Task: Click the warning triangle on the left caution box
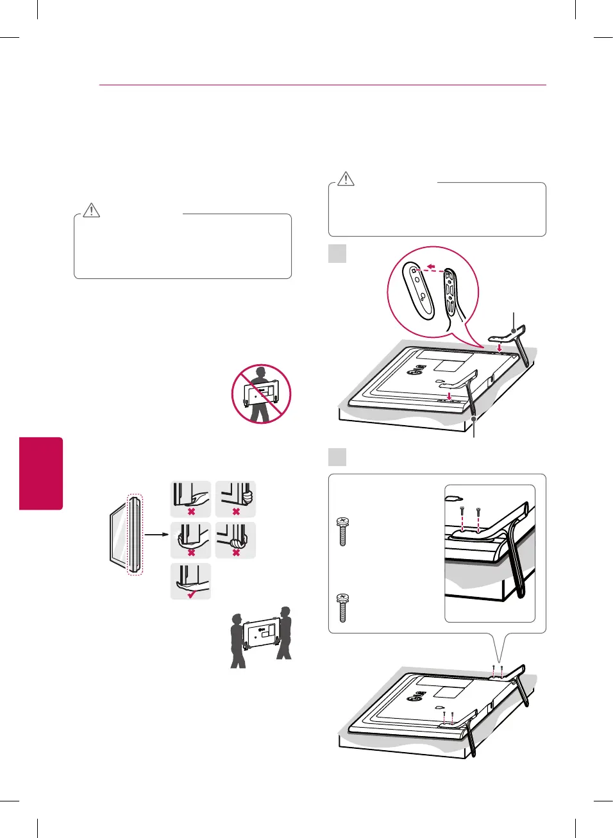coord(92,210)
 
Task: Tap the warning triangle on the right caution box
coord(346,178)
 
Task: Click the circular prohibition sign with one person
coord(261,394)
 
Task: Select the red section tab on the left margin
coord(41,473)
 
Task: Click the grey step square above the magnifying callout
coord(337,253)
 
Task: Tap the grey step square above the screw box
coord(337,457)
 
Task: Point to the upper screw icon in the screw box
coord(342,531)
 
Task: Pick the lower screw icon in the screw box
coord(342,607)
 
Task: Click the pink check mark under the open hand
coord(191,594)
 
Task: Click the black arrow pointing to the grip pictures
coord(156,533)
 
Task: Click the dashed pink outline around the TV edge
coord(135,535)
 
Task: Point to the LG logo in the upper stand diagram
coord(417,370)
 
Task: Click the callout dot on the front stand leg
coord(474,418)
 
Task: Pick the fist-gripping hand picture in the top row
coord(235,498)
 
